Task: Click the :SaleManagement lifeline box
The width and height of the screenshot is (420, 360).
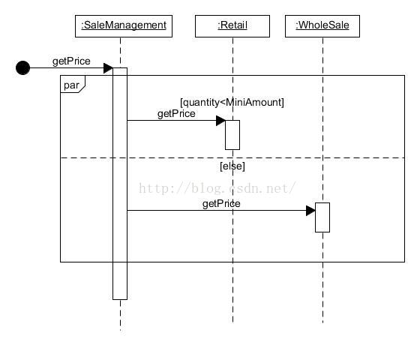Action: [124, 26]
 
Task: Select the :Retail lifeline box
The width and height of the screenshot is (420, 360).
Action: [232, 26]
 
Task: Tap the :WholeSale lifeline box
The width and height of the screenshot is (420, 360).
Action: [322, 26]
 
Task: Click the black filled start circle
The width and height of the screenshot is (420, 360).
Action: [22, 67]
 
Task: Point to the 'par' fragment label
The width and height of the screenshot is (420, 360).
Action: [71, 85]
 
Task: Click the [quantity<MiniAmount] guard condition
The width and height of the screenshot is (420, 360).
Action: [232, 102]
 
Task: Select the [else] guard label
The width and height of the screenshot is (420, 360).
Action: [232, 166]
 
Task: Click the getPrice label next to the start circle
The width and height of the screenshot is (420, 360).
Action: [71, 61]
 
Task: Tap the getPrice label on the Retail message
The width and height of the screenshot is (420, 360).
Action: [176, 114]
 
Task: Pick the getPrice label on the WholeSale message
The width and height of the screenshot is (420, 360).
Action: [221, 204]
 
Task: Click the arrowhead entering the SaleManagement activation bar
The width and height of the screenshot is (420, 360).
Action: [108, 68]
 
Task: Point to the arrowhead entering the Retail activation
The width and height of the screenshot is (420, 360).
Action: [220, 121]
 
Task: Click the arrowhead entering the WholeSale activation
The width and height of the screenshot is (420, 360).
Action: [310, 211]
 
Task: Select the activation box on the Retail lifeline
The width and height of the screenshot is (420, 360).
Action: [232, 135]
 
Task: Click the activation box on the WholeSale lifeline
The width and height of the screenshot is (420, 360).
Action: [322, 217]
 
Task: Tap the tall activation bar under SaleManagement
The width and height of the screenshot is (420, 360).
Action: [120, 184]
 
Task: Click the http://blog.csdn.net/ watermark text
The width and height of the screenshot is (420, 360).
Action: [217, 188]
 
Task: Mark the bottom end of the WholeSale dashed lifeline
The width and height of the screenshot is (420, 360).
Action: [322, 322]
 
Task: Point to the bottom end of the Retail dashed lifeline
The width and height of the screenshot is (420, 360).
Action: [232, 322]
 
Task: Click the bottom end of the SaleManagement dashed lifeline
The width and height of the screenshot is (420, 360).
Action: [120, 331]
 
